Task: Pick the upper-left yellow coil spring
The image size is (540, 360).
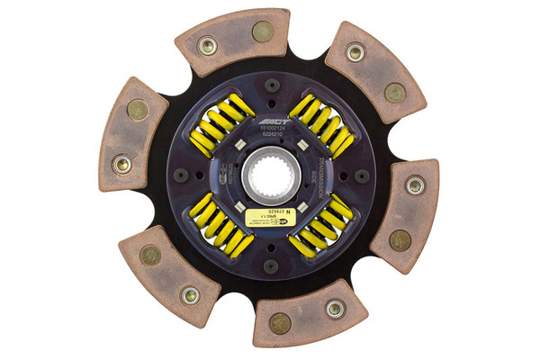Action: click(x=216, y=124)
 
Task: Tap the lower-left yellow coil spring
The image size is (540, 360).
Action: click(x=216, y=225)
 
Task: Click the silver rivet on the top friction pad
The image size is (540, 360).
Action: click(x=207, y=44)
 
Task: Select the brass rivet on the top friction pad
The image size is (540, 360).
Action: click(x=262, y=31)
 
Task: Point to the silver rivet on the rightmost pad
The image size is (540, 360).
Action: click(x=414, y=186)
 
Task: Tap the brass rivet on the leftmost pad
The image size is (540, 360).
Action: click(x=138, y=110)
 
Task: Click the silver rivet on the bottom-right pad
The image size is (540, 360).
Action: click(x=335, y=309)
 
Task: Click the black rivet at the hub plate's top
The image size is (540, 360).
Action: click(x=270, y=86)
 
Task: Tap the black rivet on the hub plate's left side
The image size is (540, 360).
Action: click(x=183, y=175)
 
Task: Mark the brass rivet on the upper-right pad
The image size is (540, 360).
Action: click(x=394, y=92)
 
